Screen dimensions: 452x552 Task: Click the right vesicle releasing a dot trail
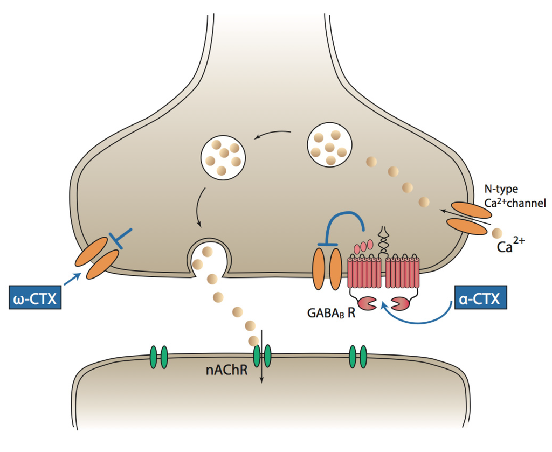coord(329,145)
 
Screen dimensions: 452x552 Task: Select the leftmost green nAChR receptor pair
coord(158,356)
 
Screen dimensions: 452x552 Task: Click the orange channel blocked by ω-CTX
coord(98,258)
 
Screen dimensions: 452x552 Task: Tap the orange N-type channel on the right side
coord(467,218)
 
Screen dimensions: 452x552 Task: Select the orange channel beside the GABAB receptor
coord(327,268)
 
